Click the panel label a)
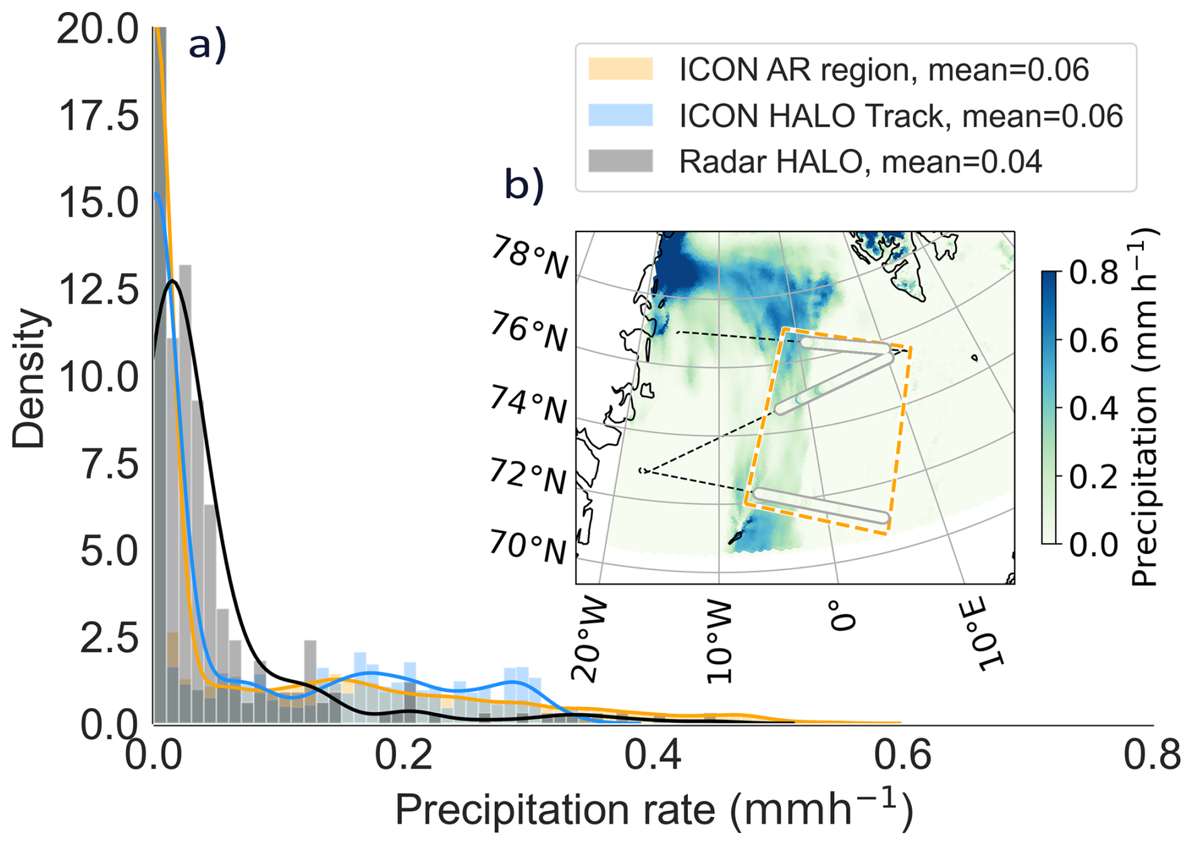point(207,46)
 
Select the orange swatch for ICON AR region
point(620,69)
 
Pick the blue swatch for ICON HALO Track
point(620,116)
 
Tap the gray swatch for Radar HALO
point(620,161)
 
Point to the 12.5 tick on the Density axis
point(98,290)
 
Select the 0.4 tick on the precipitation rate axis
point(653,755)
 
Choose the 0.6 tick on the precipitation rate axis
point(902,755)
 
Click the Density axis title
point(29,378)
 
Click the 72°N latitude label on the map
point(528,477)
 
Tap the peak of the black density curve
point(172,281)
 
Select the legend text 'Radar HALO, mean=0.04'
point(860,162)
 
